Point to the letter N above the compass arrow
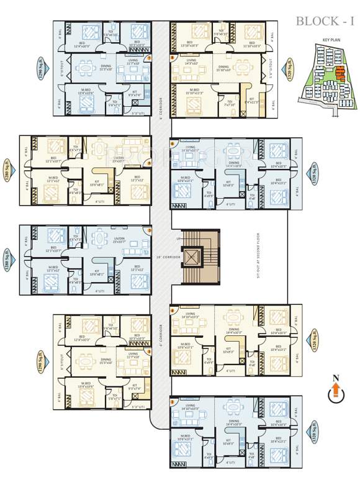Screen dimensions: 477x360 [335, 377]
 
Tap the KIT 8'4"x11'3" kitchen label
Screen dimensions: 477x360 [253, 100]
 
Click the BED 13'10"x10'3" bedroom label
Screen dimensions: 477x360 [189, 45]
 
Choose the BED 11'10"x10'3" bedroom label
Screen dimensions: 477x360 [251, 45]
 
